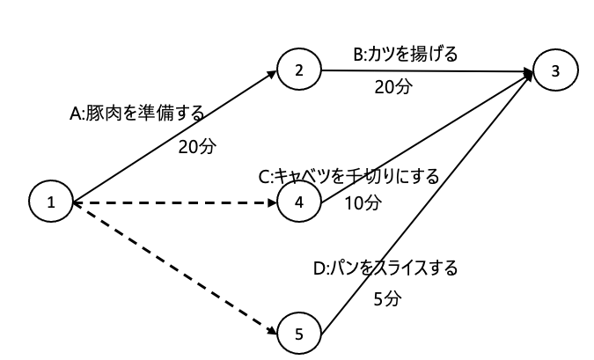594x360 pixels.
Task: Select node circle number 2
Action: coord(299,71)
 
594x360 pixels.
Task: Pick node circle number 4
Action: coord(299,202)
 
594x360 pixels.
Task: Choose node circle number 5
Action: coord(299,334)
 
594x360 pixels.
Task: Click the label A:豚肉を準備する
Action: coord(136,114)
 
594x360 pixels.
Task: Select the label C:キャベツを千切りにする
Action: coord(348,175)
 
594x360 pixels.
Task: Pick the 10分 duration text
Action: coord(362,203)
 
